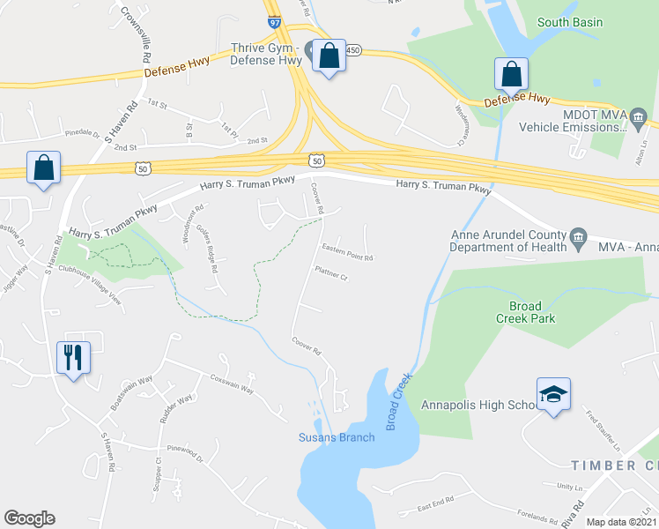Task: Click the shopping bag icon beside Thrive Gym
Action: coord(329,56)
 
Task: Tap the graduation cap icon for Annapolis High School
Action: coord(553,394)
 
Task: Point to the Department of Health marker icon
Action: coord(579,236)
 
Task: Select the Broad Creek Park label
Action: coord(525,312)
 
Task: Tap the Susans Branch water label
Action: coord(337,437)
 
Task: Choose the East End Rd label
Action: coord(435,501)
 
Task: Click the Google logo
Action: coord(29,518)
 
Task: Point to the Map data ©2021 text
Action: coord(622,522)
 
